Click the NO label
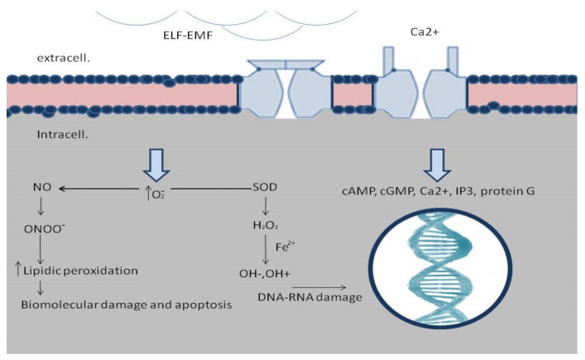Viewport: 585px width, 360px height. tap(41, 190)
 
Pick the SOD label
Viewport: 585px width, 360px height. tap(266, 190)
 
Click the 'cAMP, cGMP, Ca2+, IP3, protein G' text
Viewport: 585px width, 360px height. tap(444, 191)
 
